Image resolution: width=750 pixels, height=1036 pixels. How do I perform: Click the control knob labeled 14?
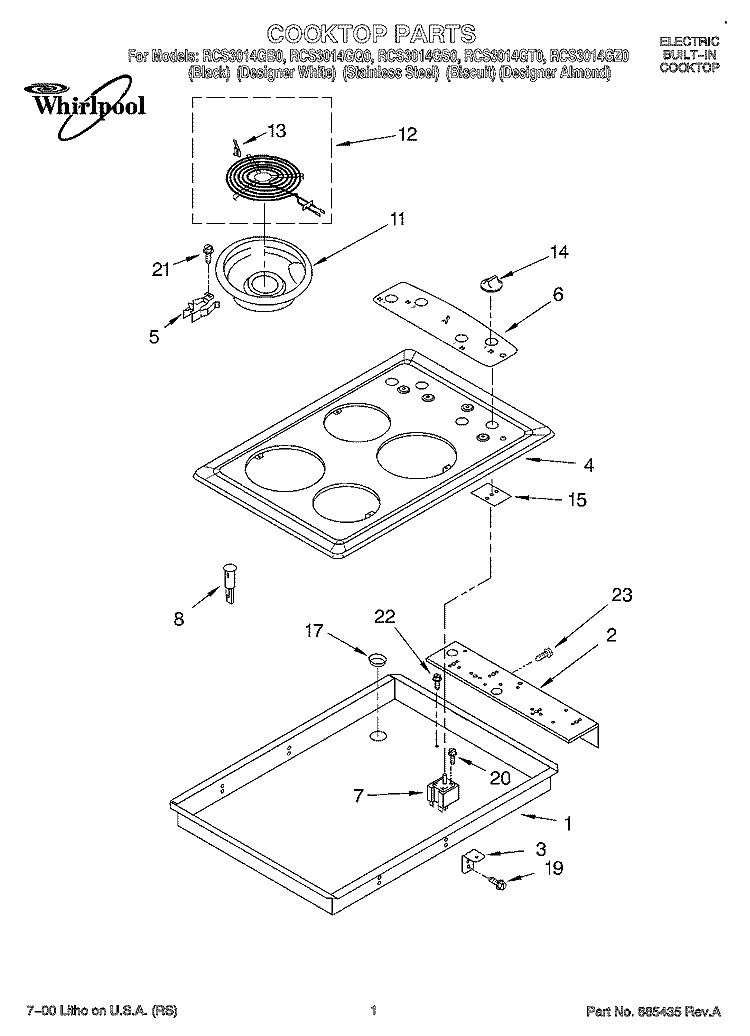(x=490, y=278)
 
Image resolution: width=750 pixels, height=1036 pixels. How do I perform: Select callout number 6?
(x=558, y=294)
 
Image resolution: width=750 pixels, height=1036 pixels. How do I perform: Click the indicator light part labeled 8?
(x=231, y=581)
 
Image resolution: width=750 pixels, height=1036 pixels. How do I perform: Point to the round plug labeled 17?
(x=376, y=660)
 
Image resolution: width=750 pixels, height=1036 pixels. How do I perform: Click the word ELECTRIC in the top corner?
(x=688, y=41)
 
